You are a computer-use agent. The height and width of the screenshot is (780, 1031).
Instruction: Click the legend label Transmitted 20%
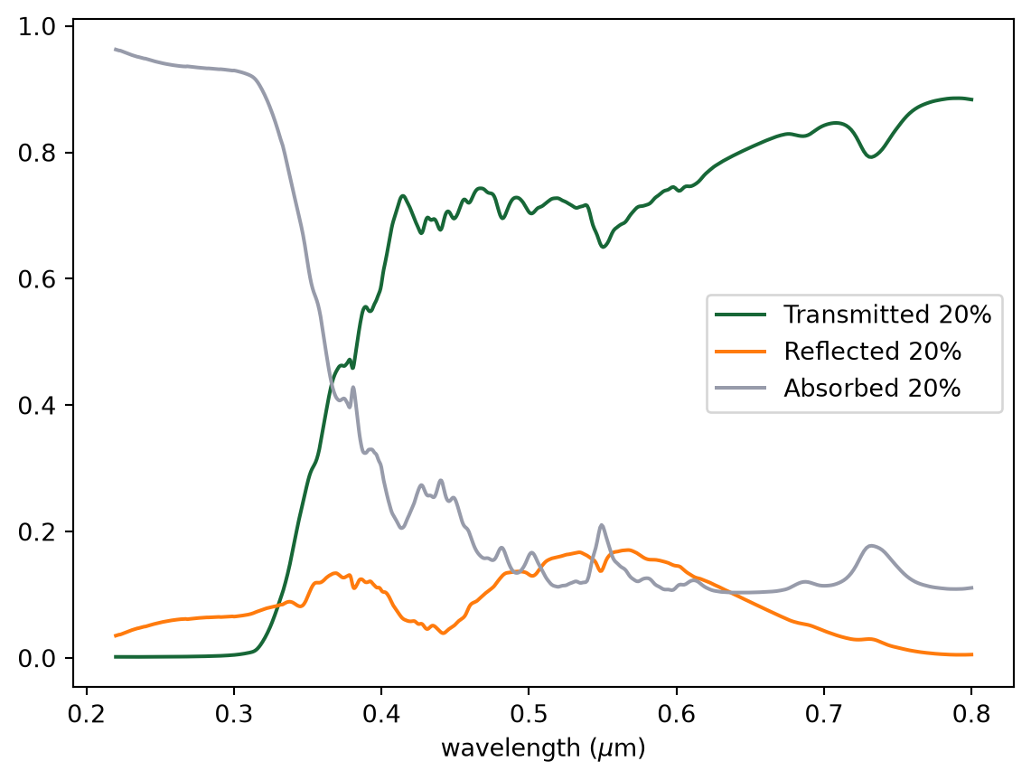pyautogui.click(x=887, y=315)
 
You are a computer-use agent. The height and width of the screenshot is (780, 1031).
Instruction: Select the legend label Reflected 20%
pyautogui.click(x=873, y=352)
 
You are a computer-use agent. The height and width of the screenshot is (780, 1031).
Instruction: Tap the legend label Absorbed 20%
pyautogui.click(x=872, y=388)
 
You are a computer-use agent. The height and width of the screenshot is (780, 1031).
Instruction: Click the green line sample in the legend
pyautogui.click(x=741, y=315)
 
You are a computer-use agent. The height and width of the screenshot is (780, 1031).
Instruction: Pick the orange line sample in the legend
pyautogui.click(x=741, y=352)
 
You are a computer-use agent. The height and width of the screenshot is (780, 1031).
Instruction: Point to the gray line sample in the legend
pyautogui.click(x=741, y=388)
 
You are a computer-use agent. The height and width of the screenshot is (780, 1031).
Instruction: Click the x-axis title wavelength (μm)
pyautogui.click(x=543, y=748)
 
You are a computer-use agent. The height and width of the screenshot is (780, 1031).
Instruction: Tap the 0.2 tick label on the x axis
pyautogui.click(x=86, y=714)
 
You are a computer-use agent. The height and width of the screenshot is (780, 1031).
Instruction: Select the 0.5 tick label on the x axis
pyautogui.click(x=529, y=714)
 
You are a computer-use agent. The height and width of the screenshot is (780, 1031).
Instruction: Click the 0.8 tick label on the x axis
pyautogui.click(x=971, y=714)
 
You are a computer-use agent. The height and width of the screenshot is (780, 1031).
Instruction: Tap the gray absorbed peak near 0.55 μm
pyautogui.click(x=601, y=525)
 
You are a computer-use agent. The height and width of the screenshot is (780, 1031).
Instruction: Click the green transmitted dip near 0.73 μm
pyautogui.click(x=870, y=157)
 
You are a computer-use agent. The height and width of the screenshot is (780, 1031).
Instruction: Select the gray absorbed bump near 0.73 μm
pyautogui.click(x=872, y=546)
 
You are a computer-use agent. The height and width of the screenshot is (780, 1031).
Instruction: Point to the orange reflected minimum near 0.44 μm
pyautogui.click(x=443, y=634)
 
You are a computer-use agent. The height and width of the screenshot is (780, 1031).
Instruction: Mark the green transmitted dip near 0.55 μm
pyautogui.click(x=603, y=247)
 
